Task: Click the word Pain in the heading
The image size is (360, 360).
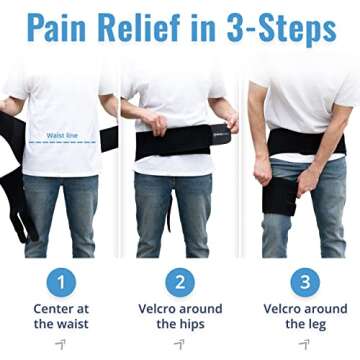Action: [x=61, y=29]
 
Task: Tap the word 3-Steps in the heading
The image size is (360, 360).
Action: [x=282, y=29]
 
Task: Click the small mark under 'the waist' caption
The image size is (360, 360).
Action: [x=60, y=344]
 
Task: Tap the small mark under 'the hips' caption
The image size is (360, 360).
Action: [x=180, y=344]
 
